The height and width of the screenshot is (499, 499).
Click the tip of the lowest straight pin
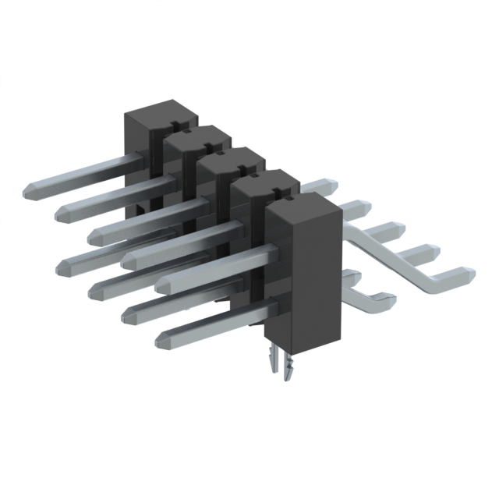(x=162, y=339)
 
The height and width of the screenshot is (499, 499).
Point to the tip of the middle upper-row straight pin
(x=97, y=232)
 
